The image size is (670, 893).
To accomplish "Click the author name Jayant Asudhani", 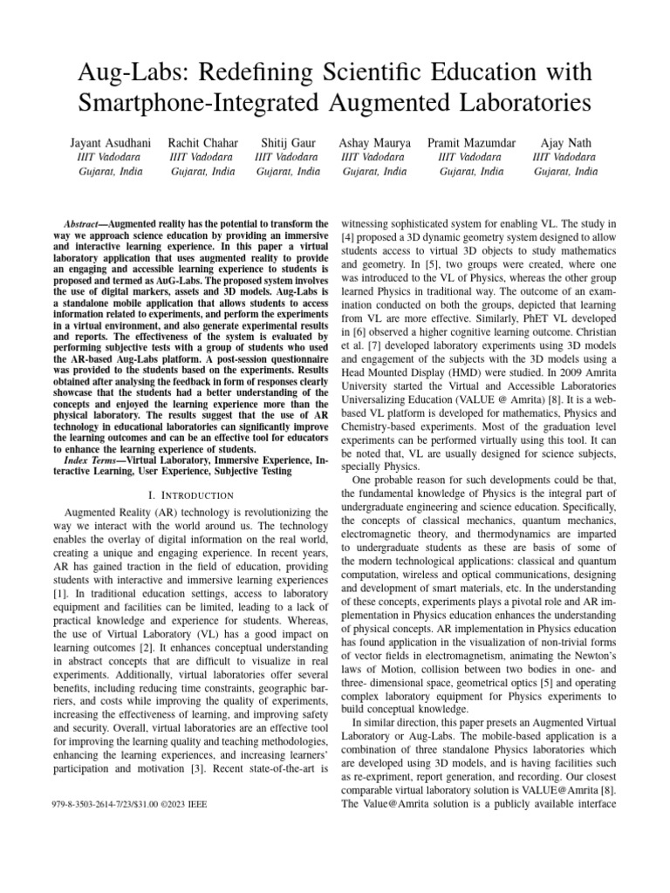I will [106, 141].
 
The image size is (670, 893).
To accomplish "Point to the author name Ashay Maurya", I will [374, 141].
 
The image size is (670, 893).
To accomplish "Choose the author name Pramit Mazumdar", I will [471, 141].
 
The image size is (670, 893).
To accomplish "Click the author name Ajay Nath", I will [565, 141].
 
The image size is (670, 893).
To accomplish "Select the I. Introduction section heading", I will [180, 495].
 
